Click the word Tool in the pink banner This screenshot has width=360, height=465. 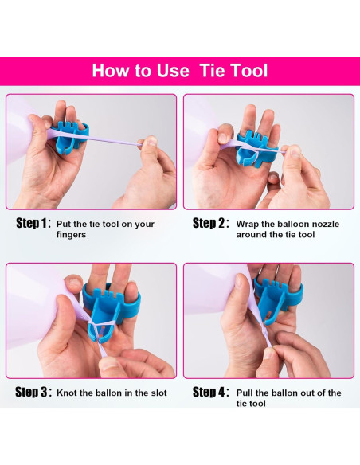[x=249, y=71]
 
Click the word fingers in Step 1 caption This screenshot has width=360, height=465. [x=71, y=235]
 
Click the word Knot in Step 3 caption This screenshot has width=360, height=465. [x=67, y=393]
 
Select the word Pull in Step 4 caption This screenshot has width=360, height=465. [x=245, y=393]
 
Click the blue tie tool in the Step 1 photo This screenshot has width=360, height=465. [x=70, y=136]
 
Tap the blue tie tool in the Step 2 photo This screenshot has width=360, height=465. [x=256, y=147]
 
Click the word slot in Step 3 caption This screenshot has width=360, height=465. [x=159, y=393]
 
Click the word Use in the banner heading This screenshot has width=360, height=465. [x=173, y=71]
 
